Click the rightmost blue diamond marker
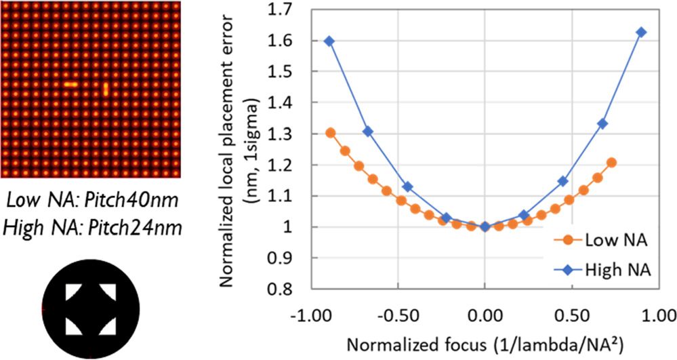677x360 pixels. click(x=641, y=33)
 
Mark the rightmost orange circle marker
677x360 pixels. click(x=611, y=163)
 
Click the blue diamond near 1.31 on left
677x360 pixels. click(x=368, y=132)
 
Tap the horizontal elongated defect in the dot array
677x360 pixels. click(x=70, y=85)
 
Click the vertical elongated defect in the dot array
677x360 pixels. click(x=106, y=88)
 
